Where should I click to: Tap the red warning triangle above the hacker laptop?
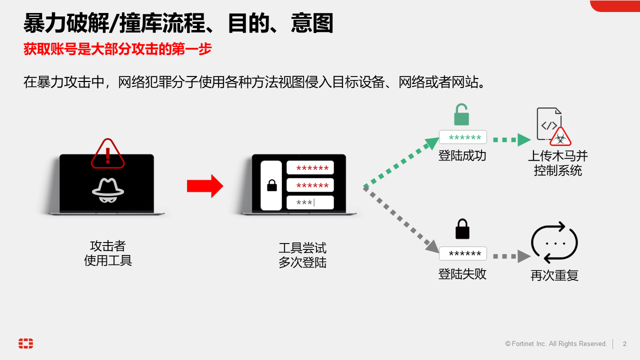[x=107, y=154]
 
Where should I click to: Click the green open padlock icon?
[x=461, y=115]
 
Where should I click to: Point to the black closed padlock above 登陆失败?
[x=462, y=229]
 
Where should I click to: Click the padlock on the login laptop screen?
[x=272, y=186]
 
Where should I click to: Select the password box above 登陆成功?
[x=463, y=137]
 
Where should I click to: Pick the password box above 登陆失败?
[x=463, y=253]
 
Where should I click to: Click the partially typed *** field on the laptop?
[x=310, y=202]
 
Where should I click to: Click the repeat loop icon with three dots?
[x=554, y=243]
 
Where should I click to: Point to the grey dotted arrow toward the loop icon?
[x=511, y=256]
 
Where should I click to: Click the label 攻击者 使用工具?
[x=108, y=253]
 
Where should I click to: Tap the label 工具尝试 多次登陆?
[x=302, y=255]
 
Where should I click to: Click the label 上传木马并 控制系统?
[x=558, y=163]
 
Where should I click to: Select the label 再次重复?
[x=554, y=275]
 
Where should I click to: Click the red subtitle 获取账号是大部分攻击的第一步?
[x=118, y=49]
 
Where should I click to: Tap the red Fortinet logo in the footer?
[x=26, y=343]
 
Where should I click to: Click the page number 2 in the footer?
[x=624, y=344]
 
